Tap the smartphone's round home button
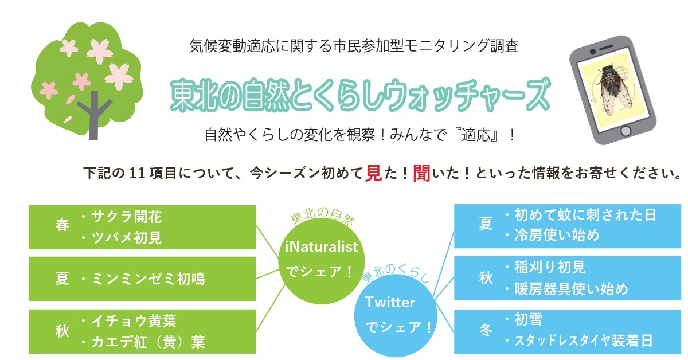626,131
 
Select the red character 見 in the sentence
373,174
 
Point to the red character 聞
421,174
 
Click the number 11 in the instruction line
137,174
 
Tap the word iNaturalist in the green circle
321,246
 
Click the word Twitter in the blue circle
390,302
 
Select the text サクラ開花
127,217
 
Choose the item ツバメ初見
127,238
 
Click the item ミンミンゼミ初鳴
148,279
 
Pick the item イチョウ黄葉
134,321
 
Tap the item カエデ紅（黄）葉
148,342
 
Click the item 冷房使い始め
557,235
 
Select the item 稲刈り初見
550,267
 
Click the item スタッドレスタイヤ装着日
584,341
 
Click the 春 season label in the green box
62,225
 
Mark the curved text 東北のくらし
396,273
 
